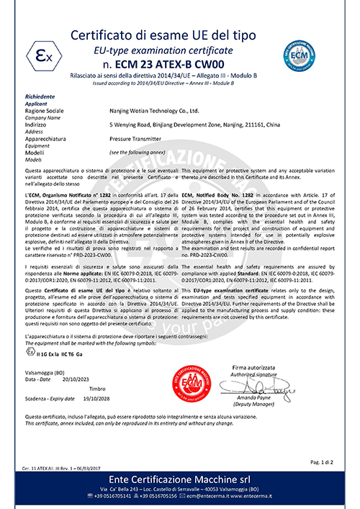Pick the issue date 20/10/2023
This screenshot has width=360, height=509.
(x=77, y=378)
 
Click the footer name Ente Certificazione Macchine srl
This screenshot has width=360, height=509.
(x=180, y=479)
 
